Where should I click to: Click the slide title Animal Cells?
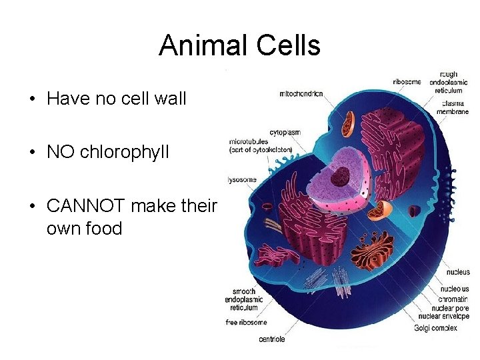tap(239, 46)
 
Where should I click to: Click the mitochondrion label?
tap(301, 94)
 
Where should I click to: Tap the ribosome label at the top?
tap(407, 81)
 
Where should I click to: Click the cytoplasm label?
tap(285, 132)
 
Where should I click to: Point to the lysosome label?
tap(241, 179)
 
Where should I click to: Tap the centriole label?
tap(272, 339)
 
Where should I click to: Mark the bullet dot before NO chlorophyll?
tap(33, 153)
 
